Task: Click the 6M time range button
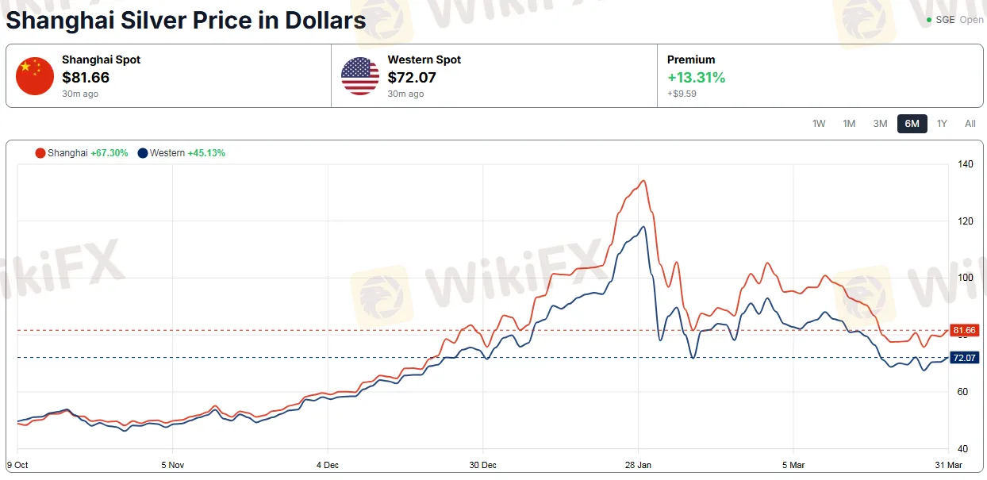(912, 124)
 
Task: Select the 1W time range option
(819, 124)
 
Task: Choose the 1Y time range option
(942, 124)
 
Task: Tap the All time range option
(970, 124)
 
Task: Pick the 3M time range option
(880, 124)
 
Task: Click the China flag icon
(35, 76)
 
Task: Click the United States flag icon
(360, 76)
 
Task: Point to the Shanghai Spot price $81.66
(86, 78)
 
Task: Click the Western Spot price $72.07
(412, 78)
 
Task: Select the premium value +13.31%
(696, 78)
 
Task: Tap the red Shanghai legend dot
(40, 153)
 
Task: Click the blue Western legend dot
(143, 153)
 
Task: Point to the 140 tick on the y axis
(965, 164)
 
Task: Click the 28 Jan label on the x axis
(638, 465)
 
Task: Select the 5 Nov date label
(172, 465)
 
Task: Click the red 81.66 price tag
(964, 330)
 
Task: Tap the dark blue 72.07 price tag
(964, 358)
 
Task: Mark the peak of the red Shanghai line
(643, 181)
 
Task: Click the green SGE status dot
(929, 20)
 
